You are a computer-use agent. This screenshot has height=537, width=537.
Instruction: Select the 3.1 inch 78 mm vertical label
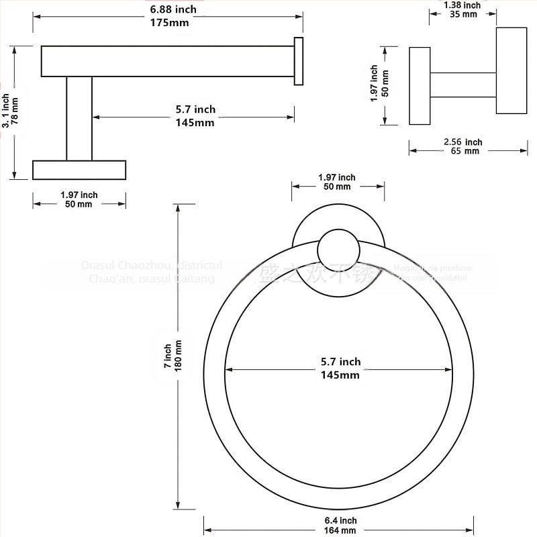[x=10, y=111]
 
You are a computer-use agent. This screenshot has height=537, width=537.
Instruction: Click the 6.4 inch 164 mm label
[x=338, y=526]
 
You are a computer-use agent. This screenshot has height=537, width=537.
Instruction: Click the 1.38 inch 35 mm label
[x=462, y=9]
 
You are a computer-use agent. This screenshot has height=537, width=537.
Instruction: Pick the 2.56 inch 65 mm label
[x=462, y=146]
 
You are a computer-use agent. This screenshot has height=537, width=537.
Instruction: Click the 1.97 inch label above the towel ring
[x=338, y=182]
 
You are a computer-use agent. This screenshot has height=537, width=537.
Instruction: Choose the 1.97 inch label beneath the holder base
[x=79, y=199]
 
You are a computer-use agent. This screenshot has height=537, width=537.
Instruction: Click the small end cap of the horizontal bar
[x=299, y=60]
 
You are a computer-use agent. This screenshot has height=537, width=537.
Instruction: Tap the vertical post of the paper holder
[x=79, y=118]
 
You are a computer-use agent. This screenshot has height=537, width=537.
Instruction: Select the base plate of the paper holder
[x=79, y=170]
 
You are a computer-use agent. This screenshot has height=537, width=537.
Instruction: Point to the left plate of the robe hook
[x=420, y=85]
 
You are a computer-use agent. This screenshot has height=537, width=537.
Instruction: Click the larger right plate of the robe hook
[x=511, y=70]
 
